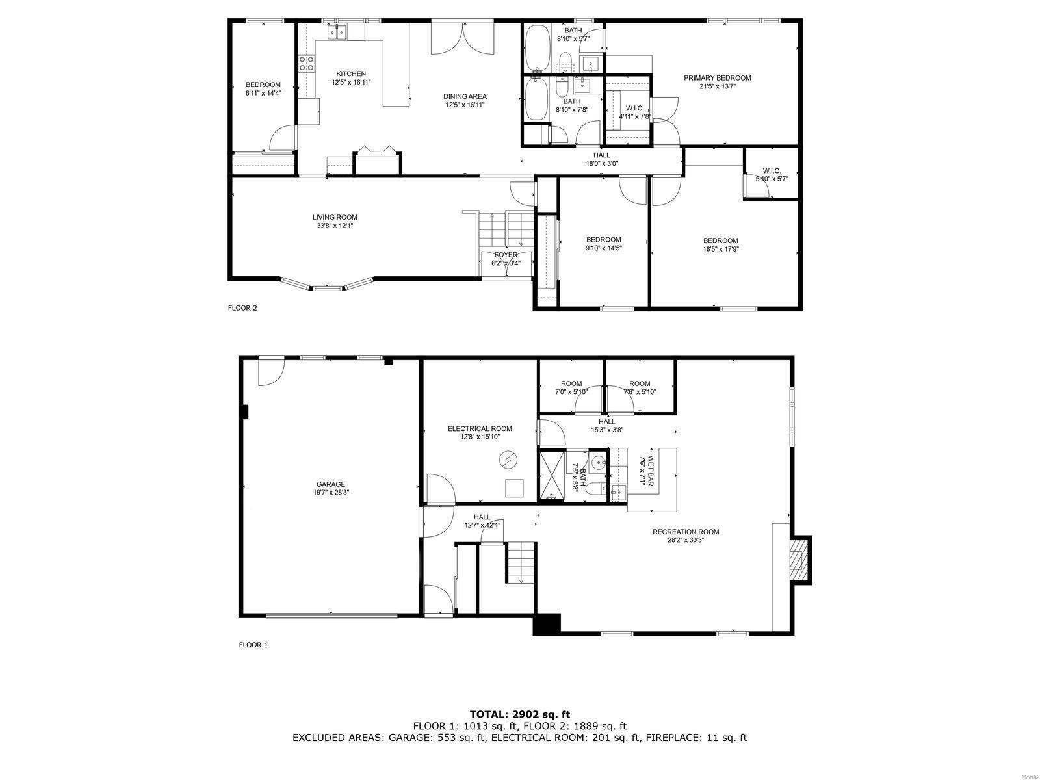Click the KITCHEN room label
point(350,73)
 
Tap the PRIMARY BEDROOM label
point(717,78)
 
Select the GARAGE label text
point(331,484)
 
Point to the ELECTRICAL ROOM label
point(479,428)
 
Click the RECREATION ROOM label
point(686,532)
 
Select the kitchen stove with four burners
point(307,63)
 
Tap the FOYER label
point(505,255)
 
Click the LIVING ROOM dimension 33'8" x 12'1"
point(334,226)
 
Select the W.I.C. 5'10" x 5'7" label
point(771,178)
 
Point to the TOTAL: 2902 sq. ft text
point(519,714)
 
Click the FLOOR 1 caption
point(253,645)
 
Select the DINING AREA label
point(465,96)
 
